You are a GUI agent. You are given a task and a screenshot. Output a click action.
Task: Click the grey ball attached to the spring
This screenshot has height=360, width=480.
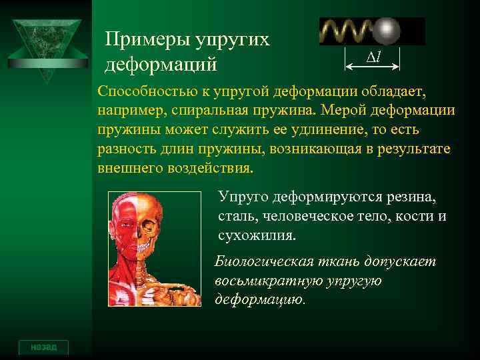click(387, 31)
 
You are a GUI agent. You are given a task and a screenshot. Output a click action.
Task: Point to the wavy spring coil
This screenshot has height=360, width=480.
click(347, 31)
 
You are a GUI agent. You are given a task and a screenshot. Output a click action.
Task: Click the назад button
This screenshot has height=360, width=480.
click(43, 347)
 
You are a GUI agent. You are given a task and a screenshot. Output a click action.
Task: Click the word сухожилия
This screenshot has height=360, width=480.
click(256, 235)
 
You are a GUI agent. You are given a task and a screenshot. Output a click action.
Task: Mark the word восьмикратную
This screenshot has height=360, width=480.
click(268, 281)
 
